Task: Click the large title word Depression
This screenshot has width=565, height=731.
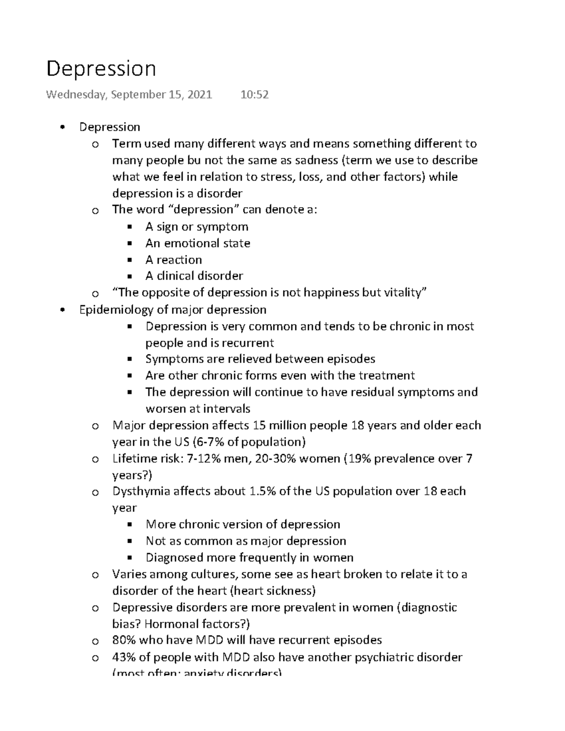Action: [101, 69]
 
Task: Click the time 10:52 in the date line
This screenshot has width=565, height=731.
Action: [254, 95]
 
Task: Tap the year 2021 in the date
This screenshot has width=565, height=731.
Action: [200, 95]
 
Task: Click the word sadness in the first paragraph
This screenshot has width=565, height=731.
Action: [316, 160]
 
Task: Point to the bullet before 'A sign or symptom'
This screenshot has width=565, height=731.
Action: [130, 227]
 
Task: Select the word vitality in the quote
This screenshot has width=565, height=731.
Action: [404, 292]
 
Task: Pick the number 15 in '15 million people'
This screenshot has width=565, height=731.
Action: [259, 426]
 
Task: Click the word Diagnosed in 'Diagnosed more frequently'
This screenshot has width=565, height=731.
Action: [174, 558]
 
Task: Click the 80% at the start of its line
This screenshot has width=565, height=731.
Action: [124, 640]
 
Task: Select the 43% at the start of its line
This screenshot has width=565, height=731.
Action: [124, 657]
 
